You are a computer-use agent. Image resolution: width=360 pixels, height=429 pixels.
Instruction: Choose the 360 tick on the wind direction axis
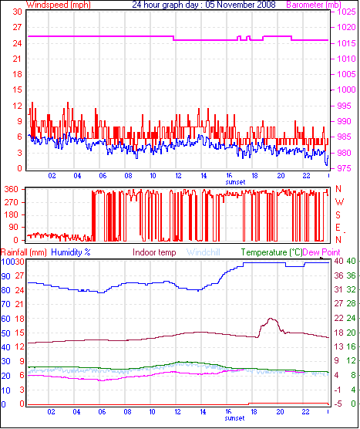pos(12,189)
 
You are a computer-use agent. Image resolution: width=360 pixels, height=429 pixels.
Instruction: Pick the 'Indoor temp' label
pos(154,252)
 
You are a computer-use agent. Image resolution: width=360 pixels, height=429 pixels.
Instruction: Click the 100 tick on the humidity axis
pos(9,262)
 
